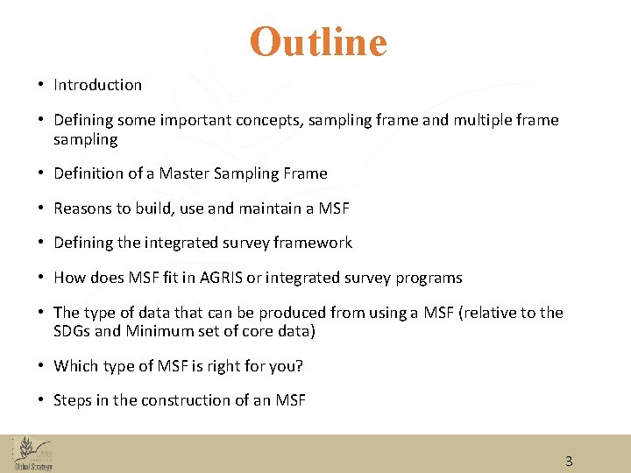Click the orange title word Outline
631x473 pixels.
[x=317, y=42]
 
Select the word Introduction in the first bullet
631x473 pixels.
[x=97, y=85]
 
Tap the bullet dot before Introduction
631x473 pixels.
[x=41, y=85]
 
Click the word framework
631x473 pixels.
[x=310, y=243]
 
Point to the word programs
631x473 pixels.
[x=429, y=278]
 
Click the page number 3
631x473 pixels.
[x=569, y=461]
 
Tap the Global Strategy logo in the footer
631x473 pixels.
[x=32, y=454]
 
